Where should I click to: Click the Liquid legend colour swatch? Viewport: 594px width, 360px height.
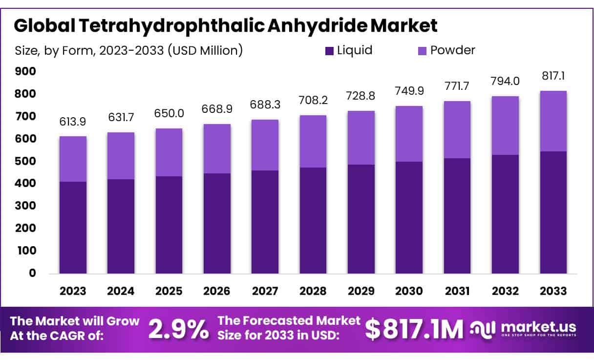pyautogui.click(x=330, y=50)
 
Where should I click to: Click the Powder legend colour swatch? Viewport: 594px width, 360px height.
pyautogui.click(x=423, y=50)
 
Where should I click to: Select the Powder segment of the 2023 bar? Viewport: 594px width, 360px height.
pyautogui.click(x=73, y=159)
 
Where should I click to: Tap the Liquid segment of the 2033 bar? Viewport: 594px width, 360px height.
pyautogui.click(x=553, y=212)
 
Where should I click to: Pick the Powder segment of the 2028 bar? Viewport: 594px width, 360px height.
pyautogui.click(x=313, y=141)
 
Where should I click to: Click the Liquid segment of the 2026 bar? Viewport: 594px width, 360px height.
pyautogui.click(x=217, y=223)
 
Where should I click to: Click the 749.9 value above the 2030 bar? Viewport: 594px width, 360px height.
pyautogui.click(x=409, y=92)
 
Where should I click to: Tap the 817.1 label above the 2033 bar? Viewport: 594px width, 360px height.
pyautogui.click(x=553, y=77)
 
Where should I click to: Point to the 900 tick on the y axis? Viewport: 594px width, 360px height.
pyautogui.click(x=25, y=71)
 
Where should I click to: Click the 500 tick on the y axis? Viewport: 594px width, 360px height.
pyautogui.click(x=25, y=161)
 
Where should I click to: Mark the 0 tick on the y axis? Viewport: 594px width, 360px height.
pyautogui.click(x=32, y=273)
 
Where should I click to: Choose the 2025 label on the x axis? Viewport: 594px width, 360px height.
pyautogui.click(x=169, y=291)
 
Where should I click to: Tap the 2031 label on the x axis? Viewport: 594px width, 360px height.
pyautogui.click(x=457, y=291)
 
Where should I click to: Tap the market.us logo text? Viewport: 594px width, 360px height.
pyautogui.click(x=537, y=326)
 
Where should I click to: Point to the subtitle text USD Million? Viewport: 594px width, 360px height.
pyautogui.click(x=205, y=50)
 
